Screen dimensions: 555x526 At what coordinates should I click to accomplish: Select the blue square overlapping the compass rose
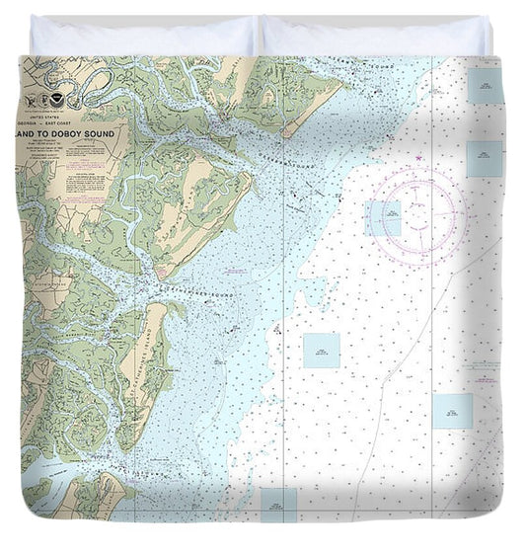(x=383, y=218)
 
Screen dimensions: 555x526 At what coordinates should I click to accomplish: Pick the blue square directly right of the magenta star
(x=485, y=158)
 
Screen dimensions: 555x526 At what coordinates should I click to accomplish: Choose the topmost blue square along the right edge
(x=485, y=86)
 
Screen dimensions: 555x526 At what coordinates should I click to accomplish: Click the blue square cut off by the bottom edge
(x=278, y=504)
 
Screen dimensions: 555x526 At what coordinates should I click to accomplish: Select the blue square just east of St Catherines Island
(x=321, y=350)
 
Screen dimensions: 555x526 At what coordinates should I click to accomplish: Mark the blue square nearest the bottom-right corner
(x=452, y=411)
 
